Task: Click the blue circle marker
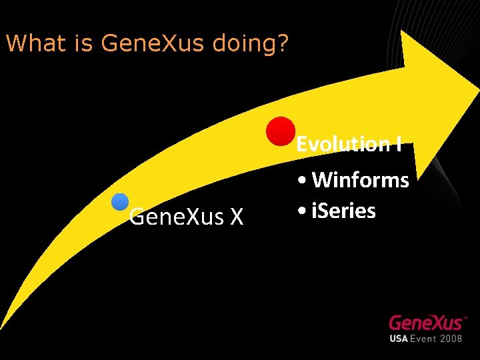tap(120, 203)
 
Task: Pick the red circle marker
tap(281, 131)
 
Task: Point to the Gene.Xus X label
tap(186, 217)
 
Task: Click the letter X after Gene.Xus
tap(236, 217)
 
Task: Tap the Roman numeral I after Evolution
tap(399, 143)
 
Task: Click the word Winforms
tap(361, 179)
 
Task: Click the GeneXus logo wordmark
tap(426, 323)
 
